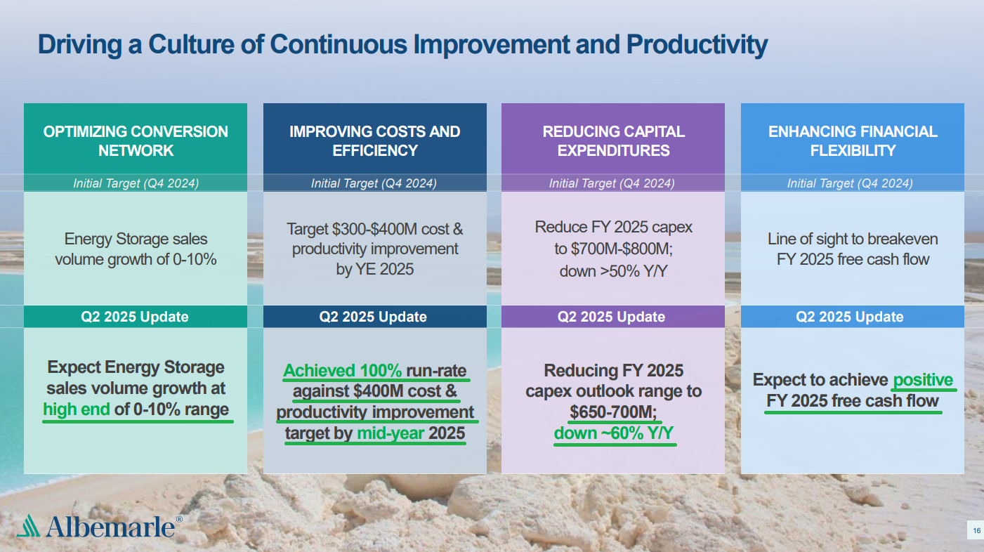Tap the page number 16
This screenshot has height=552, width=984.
click(x=976, y=530)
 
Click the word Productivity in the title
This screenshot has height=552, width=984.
click(x=697, y=45)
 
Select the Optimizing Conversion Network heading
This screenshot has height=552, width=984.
click(x=136, y=141)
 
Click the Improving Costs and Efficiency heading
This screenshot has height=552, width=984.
click(x=375, y=141)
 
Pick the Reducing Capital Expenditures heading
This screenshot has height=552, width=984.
click(x=613, y=141)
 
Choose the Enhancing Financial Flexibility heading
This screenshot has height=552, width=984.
click(x=853, y=141)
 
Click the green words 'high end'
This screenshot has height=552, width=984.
click(x=77, y=409)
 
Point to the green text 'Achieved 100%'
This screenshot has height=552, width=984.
click(x=343, y=370)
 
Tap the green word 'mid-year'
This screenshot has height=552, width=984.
click(x=391, y=433)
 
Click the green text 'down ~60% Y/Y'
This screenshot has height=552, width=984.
click(x=613, y=433)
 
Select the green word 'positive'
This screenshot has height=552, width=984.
click(x=923, y=380)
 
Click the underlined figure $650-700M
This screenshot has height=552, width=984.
click(x=612, y=412)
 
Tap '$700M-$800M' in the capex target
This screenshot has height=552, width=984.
click(x=622, y=249)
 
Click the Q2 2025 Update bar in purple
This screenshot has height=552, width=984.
click(x=612, y=317)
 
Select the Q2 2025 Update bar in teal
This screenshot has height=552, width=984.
click(x=136, y=317)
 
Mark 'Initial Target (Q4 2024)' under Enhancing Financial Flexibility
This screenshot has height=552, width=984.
click(x=850, y=183)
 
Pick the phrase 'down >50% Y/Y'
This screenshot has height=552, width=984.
click(x=613, y=271)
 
